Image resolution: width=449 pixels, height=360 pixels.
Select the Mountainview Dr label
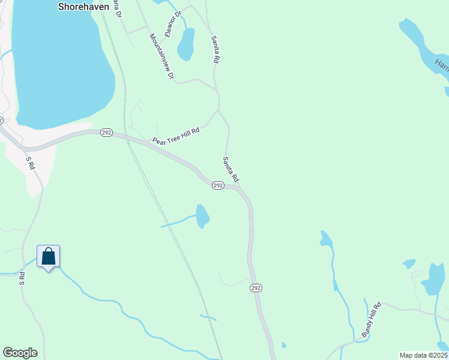(161, 56)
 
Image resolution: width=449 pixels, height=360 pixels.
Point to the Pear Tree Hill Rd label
(176, 135)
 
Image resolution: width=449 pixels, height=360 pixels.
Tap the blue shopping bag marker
(48, 257)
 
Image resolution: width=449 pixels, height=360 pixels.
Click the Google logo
(20, 353)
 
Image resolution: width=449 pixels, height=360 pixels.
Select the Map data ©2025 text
(423, 355)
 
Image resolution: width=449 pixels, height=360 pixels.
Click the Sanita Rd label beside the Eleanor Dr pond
(215, 49)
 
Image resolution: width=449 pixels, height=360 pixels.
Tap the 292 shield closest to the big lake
(106, 133)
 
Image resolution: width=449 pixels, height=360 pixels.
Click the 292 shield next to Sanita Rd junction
(218, 186)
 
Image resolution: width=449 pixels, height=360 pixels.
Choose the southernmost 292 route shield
(256, 288)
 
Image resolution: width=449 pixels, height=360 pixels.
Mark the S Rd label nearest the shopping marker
(22, 278)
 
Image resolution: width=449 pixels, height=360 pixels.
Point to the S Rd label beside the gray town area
(30, 163)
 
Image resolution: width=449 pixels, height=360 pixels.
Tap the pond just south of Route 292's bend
(202, 216)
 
